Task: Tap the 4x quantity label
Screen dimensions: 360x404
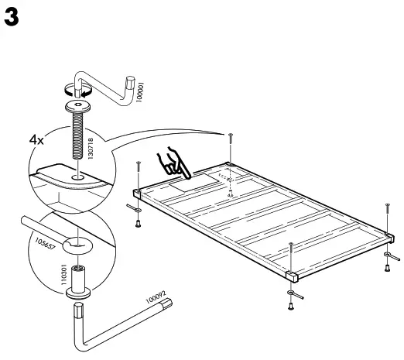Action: [x=36, y=141]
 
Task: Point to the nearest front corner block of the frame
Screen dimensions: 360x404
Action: [x=292, y=275]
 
